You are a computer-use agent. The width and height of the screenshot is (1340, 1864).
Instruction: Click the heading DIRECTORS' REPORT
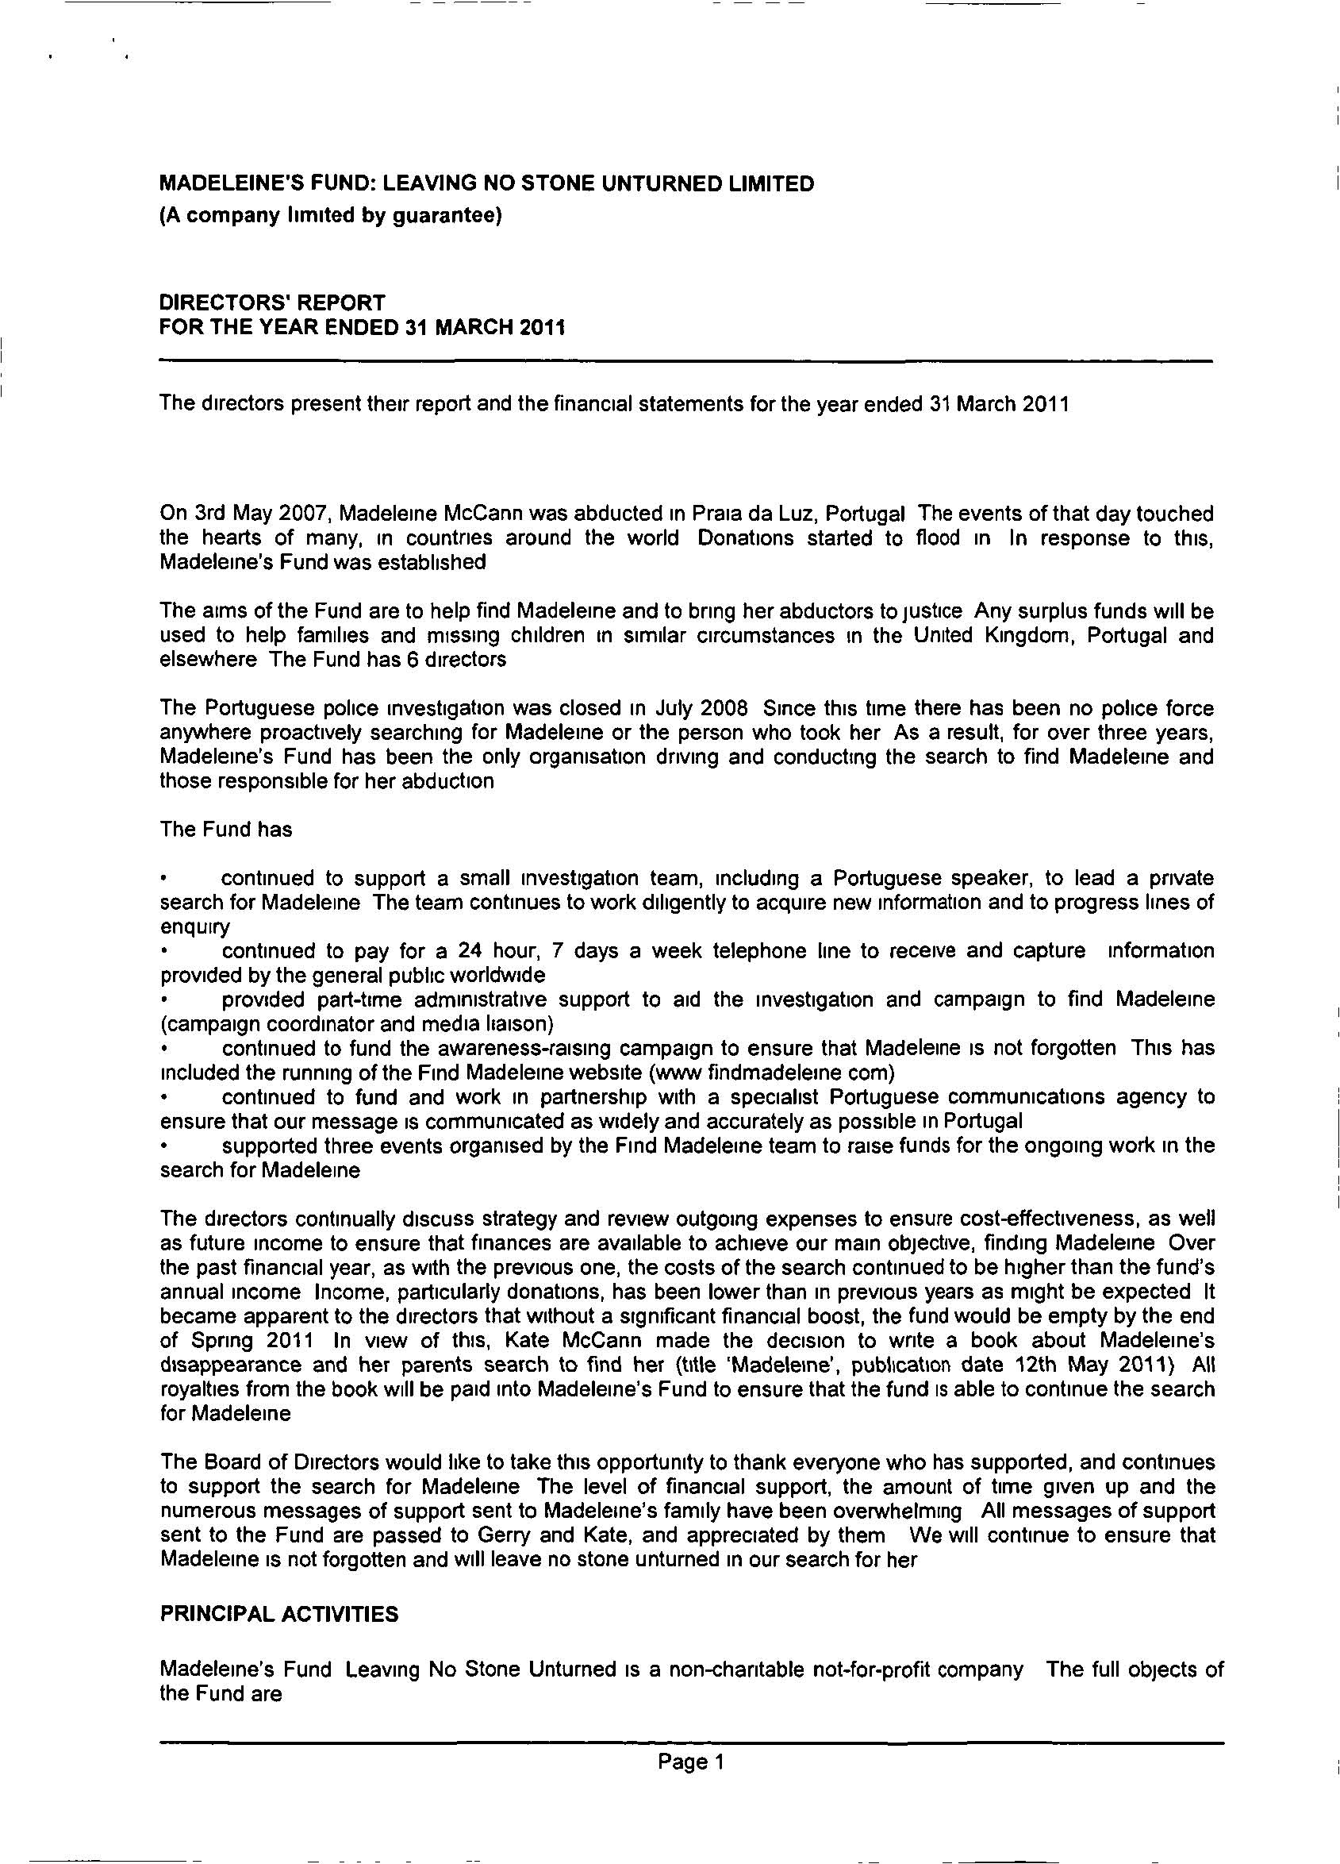[272, 302]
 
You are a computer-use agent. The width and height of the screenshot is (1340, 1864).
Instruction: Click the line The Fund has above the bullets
[226, 830]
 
